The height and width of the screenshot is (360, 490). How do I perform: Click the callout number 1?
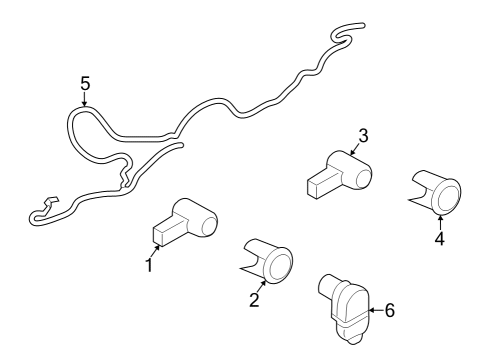tap(149, 266)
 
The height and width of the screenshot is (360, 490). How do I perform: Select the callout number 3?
tap(364, 135)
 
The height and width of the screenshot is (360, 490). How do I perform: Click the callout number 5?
tap(85, 83)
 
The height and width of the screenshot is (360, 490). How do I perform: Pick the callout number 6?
tap(389, 310)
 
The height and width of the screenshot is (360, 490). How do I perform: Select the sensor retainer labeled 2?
tap(267, 261)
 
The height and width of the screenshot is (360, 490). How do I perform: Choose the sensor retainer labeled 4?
tap(438, 192)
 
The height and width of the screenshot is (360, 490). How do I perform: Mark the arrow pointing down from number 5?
tap(85, 101)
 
